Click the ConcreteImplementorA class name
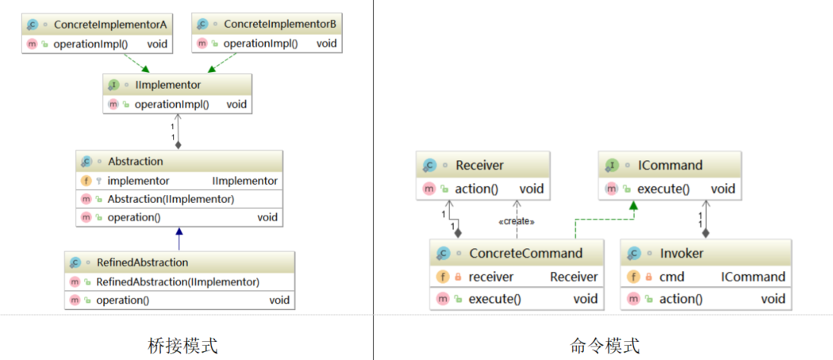[109, 25]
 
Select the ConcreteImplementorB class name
[280, 25]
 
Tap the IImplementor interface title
[167, 84]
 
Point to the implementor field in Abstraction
[138, 181]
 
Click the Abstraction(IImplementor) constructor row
[171, 199]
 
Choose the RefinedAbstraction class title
[142, 262]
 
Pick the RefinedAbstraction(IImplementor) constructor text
[178, 281]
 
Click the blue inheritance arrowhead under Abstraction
[179, 232]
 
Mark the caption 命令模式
[605, 346]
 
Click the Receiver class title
[479, 166]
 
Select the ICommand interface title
[670, 166]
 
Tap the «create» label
[516, 221]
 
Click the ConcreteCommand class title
[525, 254]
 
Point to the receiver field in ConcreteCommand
[491, 277]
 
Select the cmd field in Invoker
[671, 277]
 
